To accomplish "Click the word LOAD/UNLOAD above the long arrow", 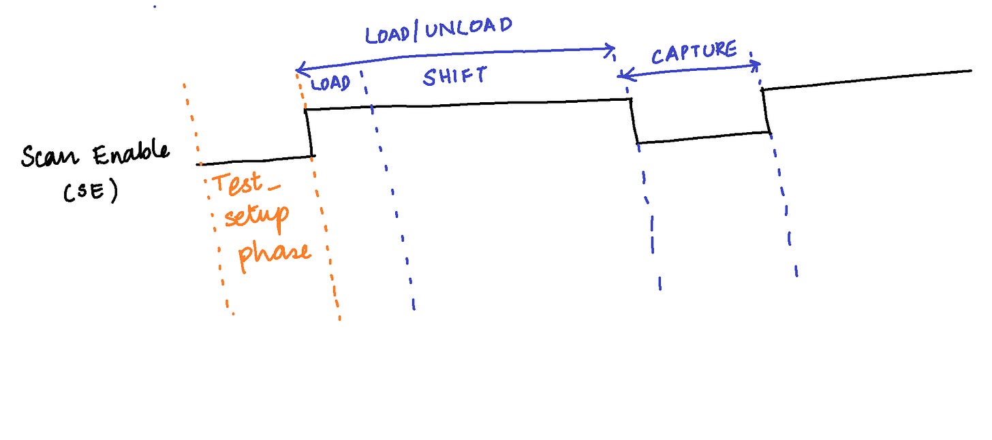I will [438, 29].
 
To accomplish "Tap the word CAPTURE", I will [694, 52].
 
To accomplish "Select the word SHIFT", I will [455, 76].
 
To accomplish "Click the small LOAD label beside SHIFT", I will [330, 84].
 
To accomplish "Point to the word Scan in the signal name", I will [52, 157].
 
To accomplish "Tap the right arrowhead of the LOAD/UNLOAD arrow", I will [613, 48].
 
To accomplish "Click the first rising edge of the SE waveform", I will [309, 133].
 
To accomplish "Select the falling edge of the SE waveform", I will [634, 121].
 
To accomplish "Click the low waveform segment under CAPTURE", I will [702, 138].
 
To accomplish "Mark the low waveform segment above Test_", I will [255, 160].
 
